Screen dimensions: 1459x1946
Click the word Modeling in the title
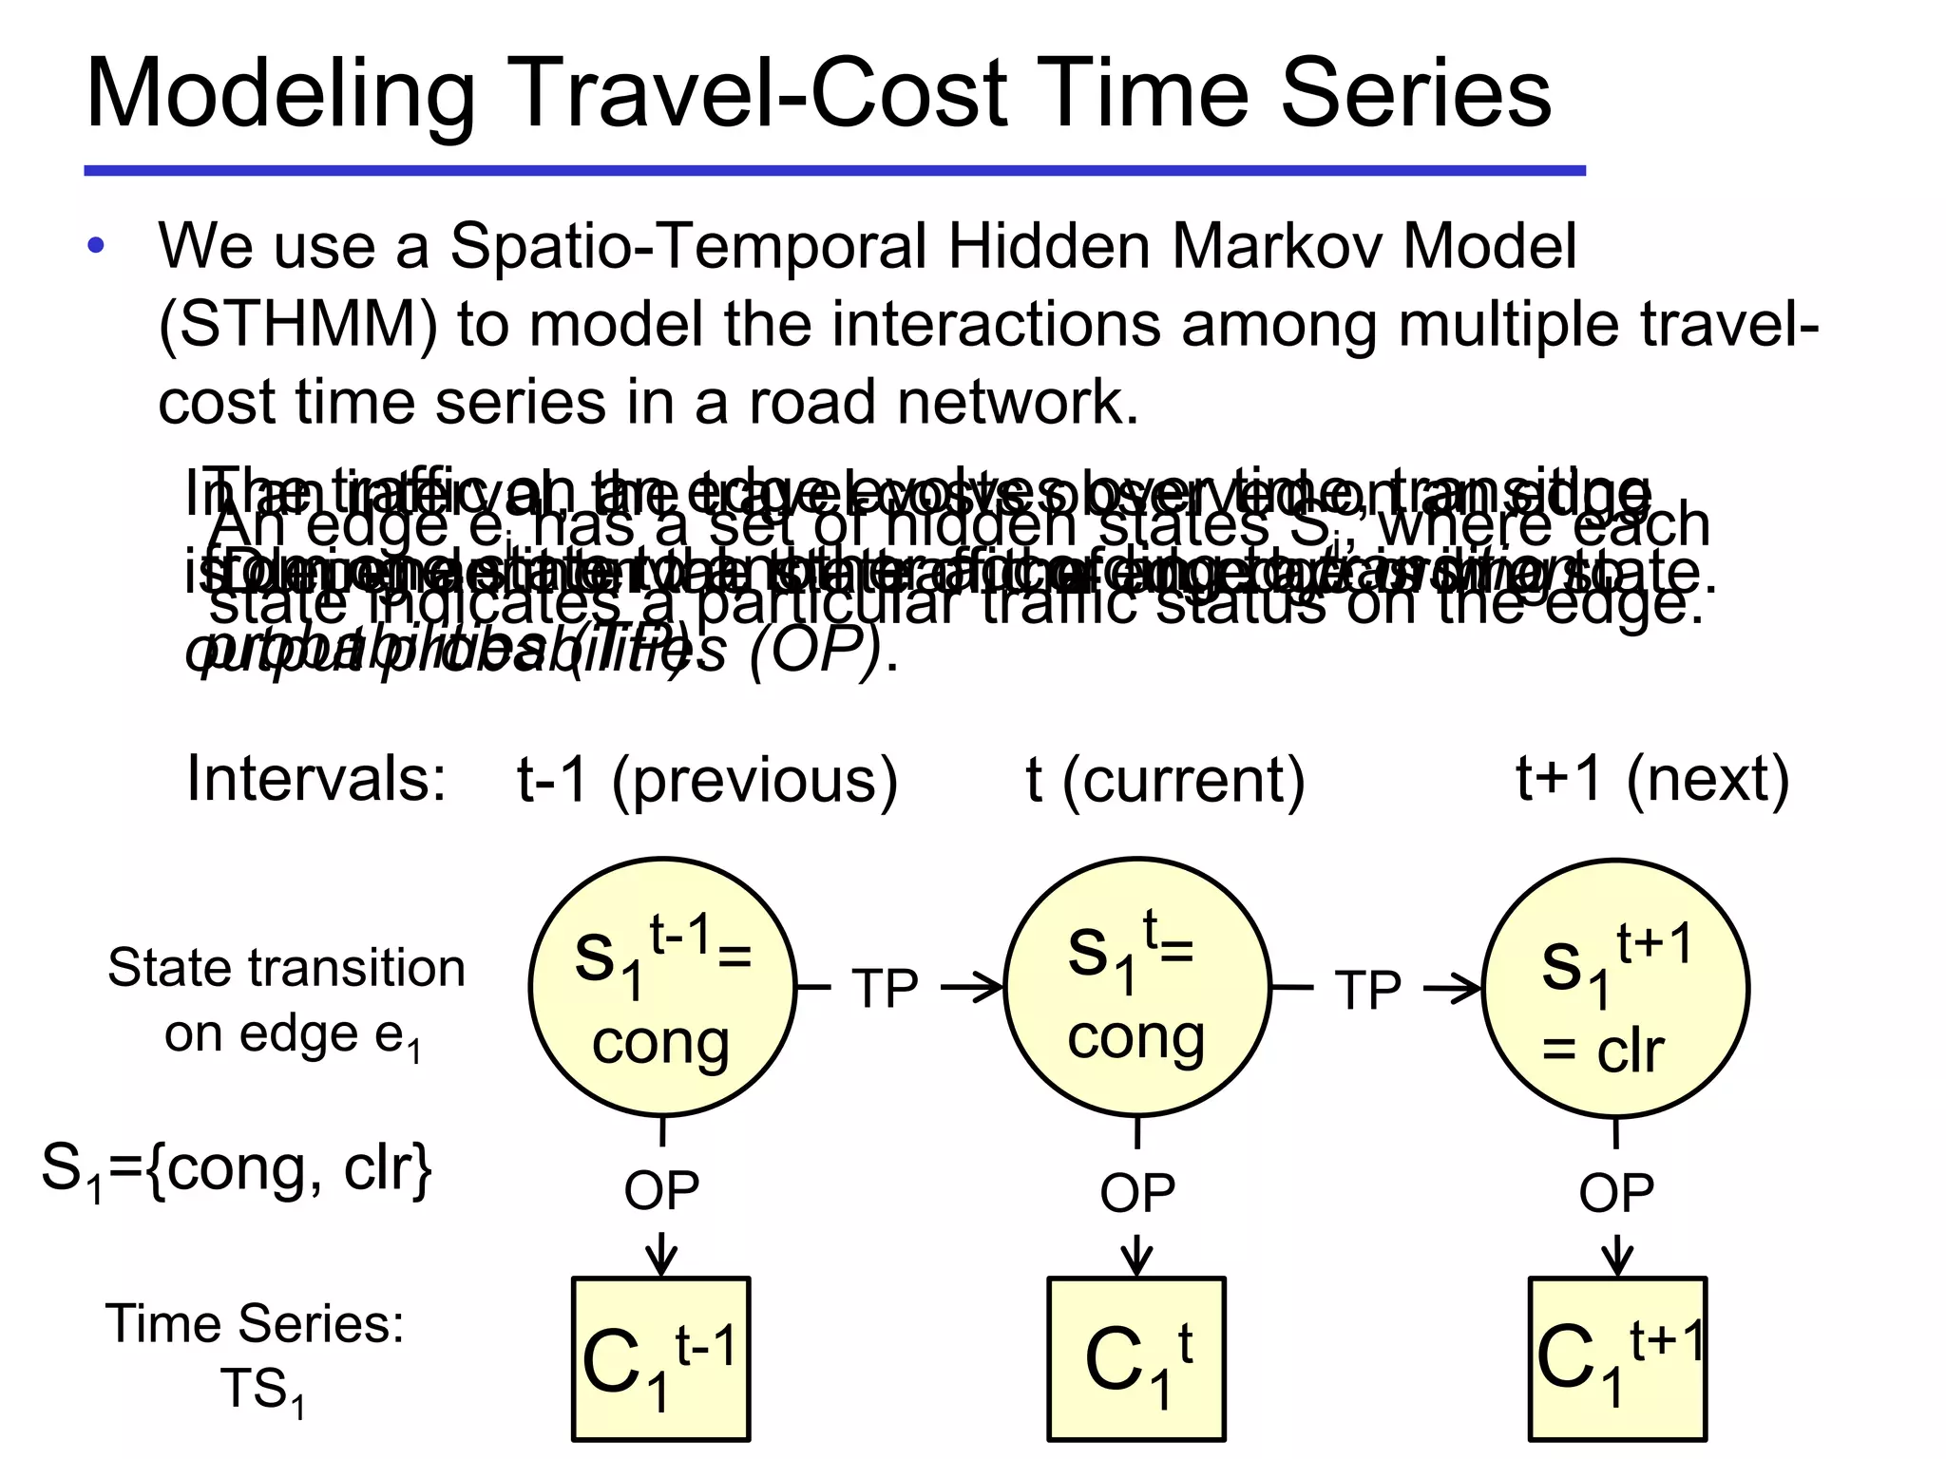click(x=280, y=95)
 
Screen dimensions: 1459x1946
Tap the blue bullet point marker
click(x=96, y=247)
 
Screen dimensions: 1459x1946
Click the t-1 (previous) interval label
click(x=707, y=781)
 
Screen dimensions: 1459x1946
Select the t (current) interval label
click(x=1165, y=781)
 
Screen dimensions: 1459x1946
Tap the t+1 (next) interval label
click(x=1651, y=781)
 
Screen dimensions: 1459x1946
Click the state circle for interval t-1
click(x=662, y=988)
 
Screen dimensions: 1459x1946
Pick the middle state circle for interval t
click(x=1137, y=988)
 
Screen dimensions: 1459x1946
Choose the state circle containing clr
click(x=1615, y=988)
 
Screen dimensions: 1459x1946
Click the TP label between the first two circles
click(x=885, y=989)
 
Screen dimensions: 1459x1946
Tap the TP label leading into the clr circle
click(x=1367, y=989)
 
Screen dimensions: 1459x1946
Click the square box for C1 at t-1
click(x=661, y=1358)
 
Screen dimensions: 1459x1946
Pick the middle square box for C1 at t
click(x=1137, y=1358)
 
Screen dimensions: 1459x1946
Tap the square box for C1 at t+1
click(x=1617, y=1358)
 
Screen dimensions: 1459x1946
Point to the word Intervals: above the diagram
click(x=316, y=779)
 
